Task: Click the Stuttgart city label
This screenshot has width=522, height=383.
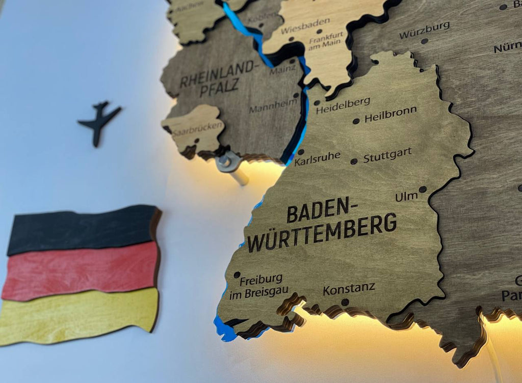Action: [387, 155]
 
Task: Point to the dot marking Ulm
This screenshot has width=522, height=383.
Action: [423, 189]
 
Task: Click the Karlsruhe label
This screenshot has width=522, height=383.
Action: [317, 159]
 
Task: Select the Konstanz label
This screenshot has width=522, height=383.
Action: [349, 289]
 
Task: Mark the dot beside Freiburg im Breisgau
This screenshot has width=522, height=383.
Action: [237, 275]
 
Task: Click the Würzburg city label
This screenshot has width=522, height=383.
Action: [425, 30]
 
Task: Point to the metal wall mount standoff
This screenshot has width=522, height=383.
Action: [230, 164]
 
